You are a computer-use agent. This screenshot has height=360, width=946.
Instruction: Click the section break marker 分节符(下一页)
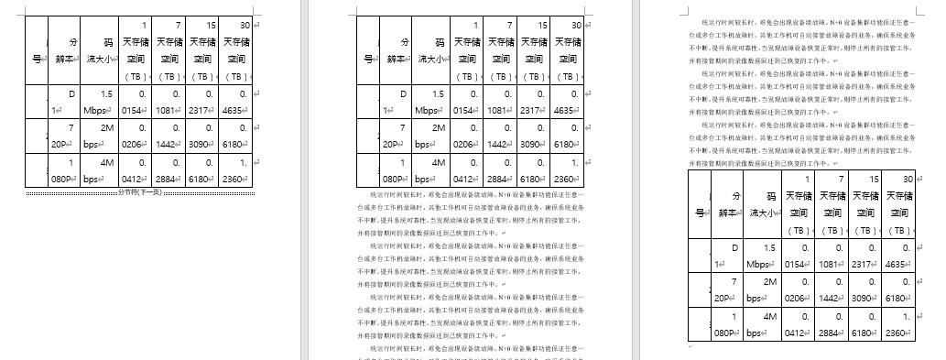tap(140, 192)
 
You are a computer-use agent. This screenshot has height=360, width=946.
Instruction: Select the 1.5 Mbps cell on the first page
tap(99, 102)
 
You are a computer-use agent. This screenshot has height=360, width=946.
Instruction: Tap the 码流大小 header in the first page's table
tap(99, 50)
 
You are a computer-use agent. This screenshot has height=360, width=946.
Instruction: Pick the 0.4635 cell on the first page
tap(236, 102)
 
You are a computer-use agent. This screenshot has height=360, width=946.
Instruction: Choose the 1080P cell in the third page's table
tap(728, 326)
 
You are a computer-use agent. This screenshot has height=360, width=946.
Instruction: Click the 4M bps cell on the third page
tap(764, 326)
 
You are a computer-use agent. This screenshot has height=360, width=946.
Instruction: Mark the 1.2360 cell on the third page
tap(898, 326)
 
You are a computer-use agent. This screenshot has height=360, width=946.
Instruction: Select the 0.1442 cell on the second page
tap(501, 136)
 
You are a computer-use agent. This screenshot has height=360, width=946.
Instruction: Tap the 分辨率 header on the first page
tap(64, 50)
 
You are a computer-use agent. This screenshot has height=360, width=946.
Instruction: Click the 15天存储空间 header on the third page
tap(865, 204)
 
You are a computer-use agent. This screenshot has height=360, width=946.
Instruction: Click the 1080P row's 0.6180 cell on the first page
tap(202, 170)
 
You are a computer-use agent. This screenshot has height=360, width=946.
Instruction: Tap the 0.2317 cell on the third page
tap(865, 256)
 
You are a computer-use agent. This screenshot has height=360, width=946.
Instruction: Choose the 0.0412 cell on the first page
tap(135, 170)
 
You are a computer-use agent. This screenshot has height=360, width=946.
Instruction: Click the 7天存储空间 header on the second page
tap(501, 50)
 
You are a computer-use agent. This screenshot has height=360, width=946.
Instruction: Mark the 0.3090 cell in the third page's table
tap(865, 290)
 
